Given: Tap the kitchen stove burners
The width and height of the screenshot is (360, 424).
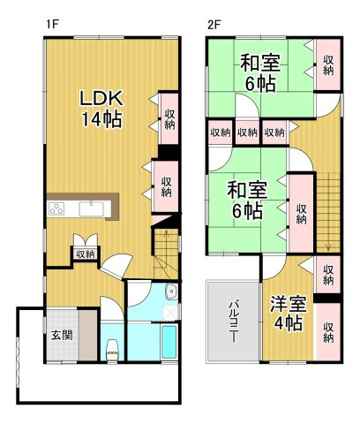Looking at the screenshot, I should click(x=57, y=209).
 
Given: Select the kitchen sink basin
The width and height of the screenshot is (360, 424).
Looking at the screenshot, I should click(x=92, y=209).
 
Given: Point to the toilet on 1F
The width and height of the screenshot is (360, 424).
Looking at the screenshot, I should click(x=111, y=347).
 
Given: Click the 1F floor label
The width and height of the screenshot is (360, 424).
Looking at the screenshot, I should click(x=52, y=25).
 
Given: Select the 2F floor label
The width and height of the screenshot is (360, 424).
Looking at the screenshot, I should click(x=214, y=25).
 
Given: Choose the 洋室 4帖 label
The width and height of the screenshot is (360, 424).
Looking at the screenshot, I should click(x=287, y=314).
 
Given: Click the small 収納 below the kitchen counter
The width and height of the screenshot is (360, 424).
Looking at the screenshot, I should click(x=85, y=254).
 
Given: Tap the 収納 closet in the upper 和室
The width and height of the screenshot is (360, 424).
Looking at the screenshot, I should click(x=328, y=64).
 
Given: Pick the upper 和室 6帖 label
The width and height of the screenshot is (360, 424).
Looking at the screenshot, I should click(x=260, y=72).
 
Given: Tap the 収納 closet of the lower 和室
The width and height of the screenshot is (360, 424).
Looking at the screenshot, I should click(x=301, y=213).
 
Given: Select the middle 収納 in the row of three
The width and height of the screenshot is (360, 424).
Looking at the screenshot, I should click(x=247, y=132).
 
